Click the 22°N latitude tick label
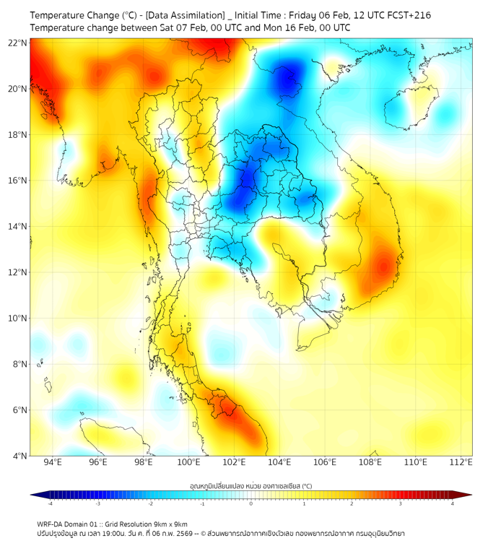[x=18, y=43]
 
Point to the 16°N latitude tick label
[x=18, y=181]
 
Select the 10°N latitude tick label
[x=18, y=318]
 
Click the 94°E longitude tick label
[x=53, y=462]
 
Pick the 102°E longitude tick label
[x=234, y=462]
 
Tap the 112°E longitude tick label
[x=461, y=462]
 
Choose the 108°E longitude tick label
[x=370, y=462]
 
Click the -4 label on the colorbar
[x=49, y=503]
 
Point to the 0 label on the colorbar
[x=251, y=503]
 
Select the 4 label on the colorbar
[x=453, y=503]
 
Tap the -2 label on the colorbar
[x=149, y=503]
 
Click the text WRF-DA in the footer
[x=53, y=524]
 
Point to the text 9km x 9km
[x=167, y=524]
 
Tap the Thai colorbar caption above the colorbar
[x=250, y=485]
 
